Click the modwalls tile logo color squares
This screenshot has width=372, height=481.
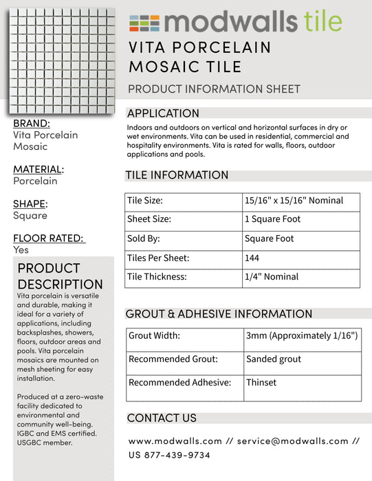[144, 23]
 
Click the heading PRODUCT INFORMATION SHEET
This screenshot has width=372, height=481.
[214, 89]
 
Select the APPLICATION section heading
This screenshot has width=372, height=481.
[163, 113]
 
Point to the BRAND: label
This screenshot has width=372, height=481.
[32, 123]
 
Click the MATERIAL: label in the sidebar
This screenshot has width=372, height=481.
[39, 169]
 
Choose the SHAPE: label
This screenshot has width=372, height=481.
[30, 203]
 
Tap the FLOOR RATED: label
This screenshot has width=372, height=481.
[49, 238]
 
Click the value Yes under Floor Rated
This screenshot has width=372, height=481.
[21, 250]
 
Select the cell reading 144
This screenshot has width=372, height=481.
[252, 258]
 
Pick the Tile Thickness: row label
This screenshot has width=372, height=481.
[157, 277]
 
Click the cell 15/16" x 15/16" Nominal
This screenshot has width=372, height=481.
[293, 201]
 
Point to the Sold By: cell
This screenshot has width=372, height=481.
[144, 238]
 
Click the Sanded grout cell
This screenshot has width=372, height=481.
[274, 359]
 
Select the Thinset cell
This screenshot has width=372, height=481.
[261, 383]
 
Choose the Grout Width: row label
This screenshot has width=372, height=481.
[155, 336]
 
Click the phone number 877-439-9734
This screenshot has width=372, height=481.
[177, 455]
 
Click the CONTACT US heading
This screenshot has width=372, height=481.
[162, 418]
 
